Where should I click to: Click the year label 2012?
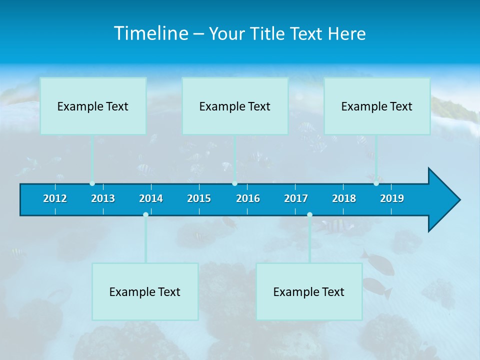click(x=55, y=198)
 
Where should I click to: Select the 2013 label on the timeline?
click(x=103, y=198)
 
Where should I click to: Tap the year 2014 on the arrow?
click(x=151, y=198)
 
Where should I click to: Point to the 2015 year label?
click(x=199, y=198)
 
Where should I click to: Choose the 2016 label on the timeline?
click(x=248, y=198)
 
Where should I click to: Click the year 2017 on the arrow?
click(x=296, y=198)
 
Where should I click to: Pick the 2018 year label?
click(x=344, y=198)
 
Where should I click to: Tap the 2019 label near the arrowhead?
click(x=392, y=198)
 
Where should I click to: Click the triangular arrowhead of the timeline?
click(x=443, y=200)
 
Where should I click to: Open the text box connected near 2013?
click(x=93, y=106)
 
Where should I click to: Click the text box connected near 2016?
click(x=235, y=106)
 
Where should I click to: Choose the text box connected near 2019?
click(x=377, y=106)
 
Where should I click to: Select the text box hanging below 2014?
click(x=145, y=291)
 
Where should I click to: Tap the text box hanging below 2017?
click(x=309, y=291)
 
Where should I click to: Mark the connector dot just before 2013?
click(x=92, y=183)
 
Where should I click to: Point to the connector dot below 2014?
click(x=145, y=214)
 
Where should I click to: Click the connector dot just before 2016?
click(x=234, y=183)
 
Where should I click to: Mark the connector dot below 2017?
click(x=309, y=214)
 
